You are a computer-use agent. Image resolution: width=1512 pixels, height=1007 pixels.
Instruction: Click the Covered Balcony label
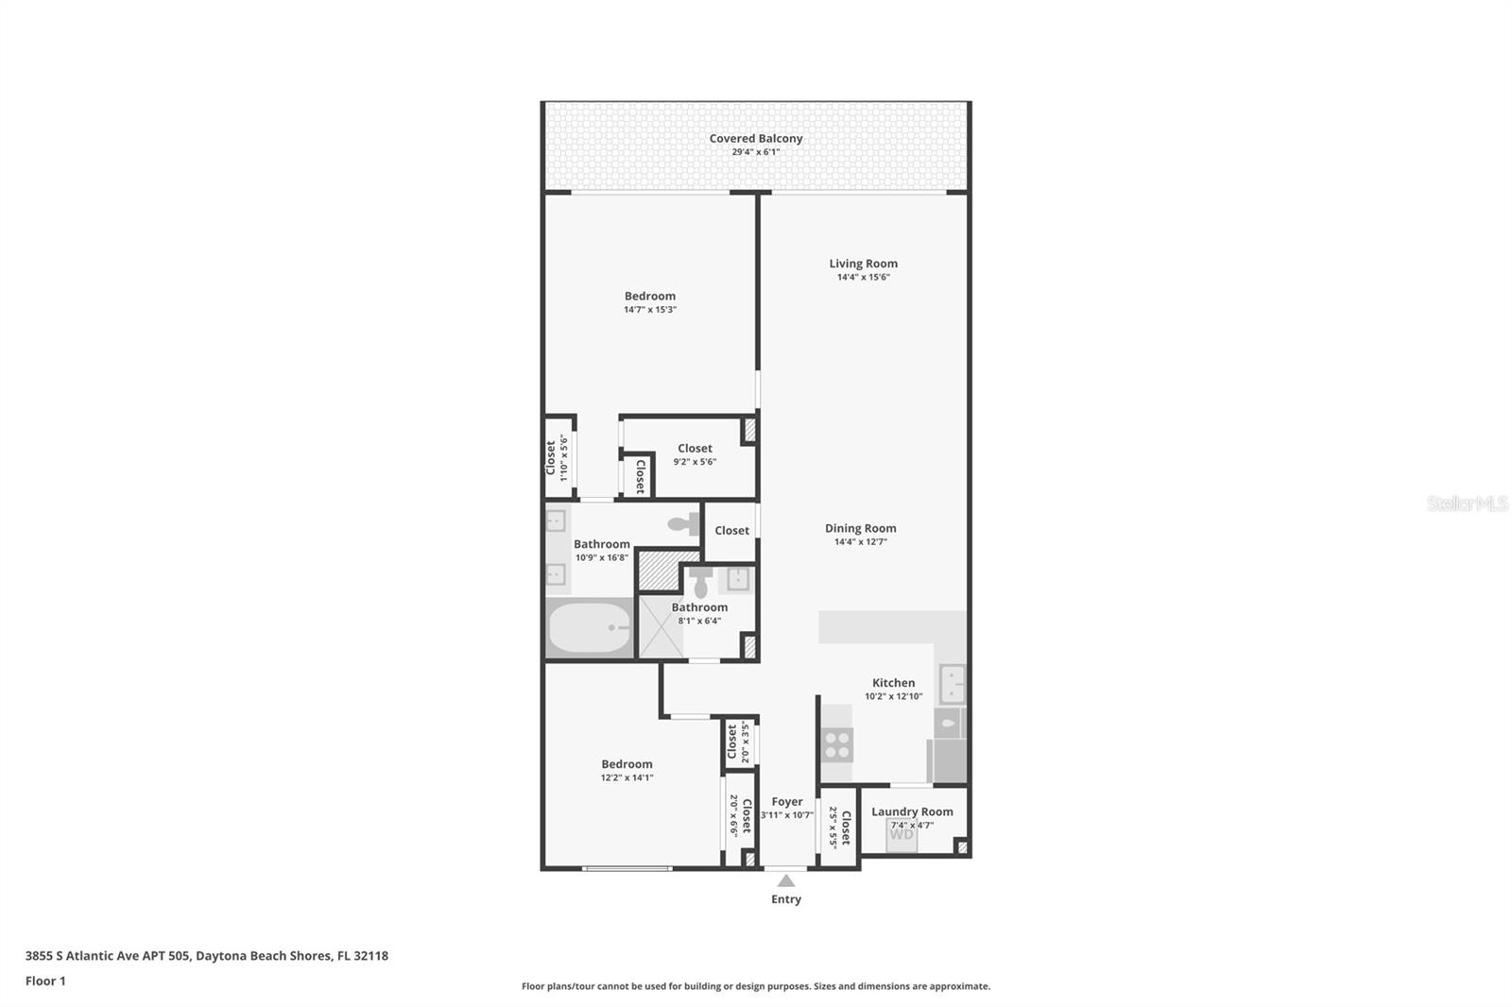(756, 138)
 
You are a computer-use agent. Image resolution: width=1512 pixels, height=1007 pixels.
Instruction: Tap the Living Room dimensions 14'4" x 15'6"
(863, 278)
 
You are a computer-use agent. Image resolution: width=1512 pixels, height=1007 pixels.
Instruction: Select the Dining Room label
(860, 528)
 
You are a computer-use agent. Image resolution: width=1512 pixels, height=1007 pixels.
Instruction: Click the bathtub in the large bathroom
(590, 628)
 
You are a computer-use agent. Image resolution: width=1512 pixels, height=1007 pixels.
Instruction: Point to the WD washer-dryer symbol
(902, 835)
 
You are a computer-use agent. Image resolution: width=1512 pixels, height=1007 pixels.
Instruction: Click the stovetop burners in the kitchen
(837, 744)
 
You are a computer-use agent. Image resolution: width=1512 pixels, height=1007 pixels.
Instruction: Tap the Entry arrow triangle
(786, 880)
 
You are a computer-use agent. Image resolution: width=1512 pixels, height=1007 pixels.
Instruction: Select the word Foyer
(786, 801)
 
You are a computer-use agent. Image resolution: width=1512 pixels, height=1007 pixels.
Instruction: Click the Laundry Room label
(912, 811)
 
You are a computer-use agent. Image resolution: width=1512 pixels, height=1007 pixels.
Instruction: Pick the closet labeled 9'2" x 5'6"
(695, 455)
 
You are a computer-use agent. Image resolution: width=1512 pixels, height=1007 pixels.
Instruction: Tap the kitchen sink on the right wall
(952, 684)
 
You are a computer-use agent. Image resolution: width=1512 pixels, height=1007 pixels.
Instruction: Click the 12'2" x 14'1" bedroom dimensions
(627, 778)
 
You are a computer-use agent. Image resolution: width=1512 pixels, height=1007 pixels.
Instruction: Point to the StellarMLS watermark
(1467, 504)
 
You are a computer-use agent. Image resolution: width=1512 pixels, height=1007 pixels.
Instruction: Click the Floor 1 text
(45, 981)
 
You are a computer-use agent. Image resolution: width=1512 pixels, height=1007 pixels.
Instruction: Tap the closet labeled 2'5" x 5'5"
(839, 827)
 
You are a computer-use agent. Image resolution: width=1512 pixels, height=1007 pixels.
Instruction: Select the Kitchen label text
(893, 682)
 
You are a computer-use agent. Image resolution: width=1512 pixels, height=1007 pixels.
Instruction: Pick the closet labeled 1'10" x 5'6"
(558, 457)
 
